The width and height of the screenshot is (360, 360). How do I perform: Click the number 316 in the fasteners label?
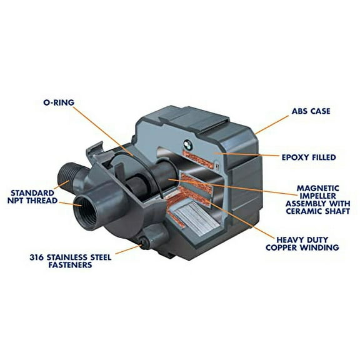[x=37, y=256]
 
